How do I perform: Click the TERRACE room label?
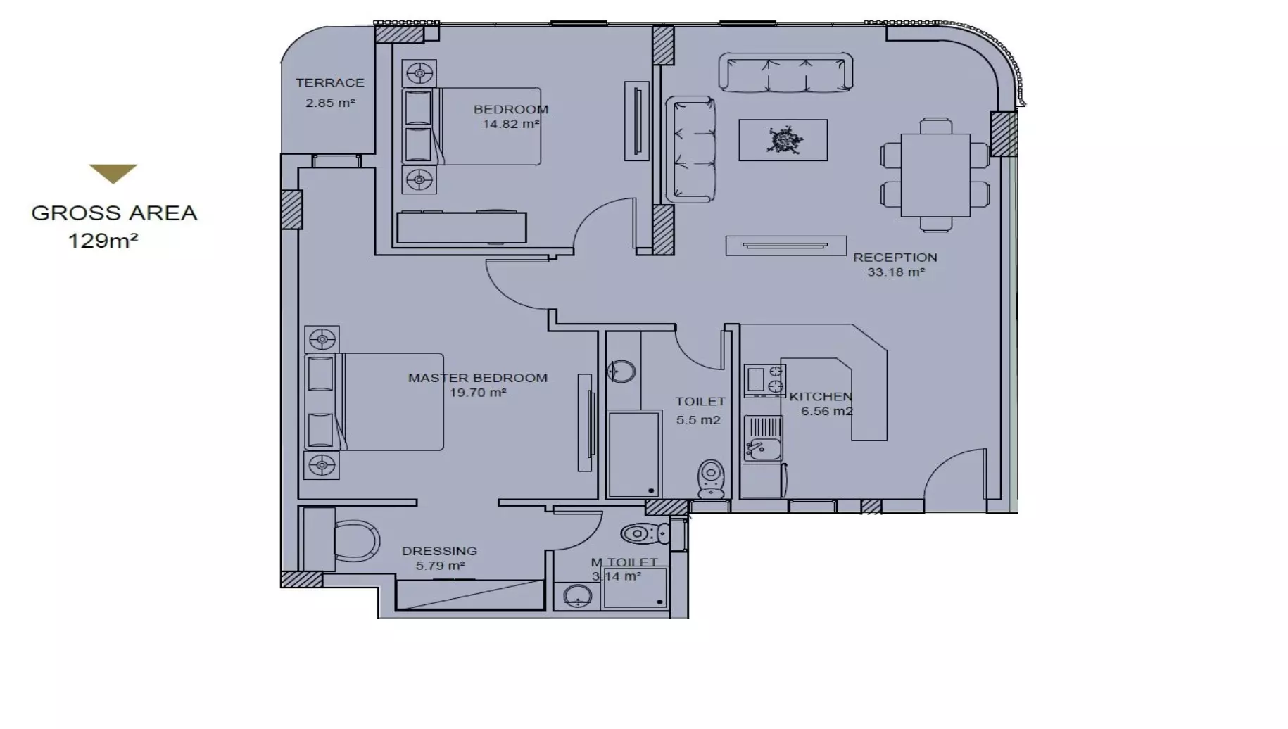pyautogui.click(x=329, y=83)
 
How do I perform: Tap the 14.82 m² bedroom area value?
pyautogui.click(x=510, y=125)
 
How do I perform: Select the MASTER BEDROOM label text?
pyautogui.click(x=477, y=378)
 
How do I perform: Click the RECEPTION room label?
pyautogui.click(x=895, y=258)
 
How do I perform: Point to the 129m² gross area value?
pyautogui.click(x=103, y=241)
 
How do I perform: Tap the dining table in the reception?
pyautogui.click(x=935, y=175)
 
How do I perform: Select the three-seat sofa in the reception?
pyautogui.click(x=785, y=72)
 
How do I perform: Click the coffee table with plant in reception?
pyautogui.click(x=783, y=140)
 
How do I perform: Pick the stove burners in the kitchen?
pyautogui.click(x=764, y=380)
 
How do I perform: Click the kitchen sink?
pyautogui.click(x=762, y=448)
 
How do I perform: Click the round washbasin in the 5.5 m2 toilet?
pyautogui.click(x=621, y=371)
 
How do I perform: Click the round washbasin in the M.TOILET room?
pyautogui.click(x=577, y=596)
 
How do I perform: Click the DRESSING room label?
pyautogui.click(x=439, y=551)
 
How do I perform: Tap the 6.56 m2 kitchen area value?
pyautogui.click(x=826, y=412)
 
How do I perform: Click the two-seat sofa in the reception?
pyautogui.click(x=690, y=149)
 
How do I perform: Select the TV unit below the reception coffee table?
pyautogui.click(x=785, y=246)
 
